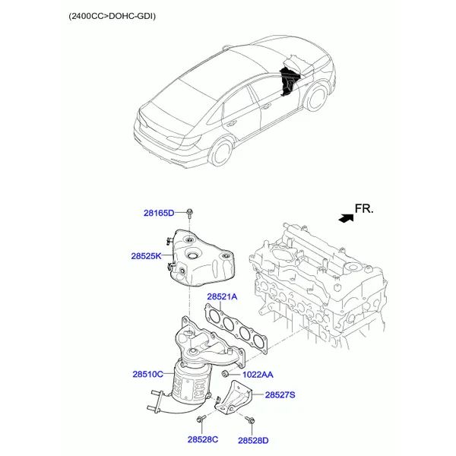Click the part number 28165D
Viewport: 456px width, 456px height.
pos(159,213)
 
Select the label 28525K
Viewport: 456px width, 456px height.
pos(146,256)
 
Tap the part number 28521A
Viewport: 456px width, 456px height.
pos(222,296)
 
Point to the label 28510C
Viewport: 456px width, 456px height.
pos(147,374)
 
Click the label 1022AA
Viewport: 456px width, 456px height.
pos(258,375)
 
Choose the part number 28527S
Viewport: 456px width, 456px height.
pos(280,395)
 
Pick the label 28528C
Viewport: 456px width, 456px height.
pos(203,439)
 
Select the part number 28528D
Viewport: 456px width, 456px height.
pos(253,441)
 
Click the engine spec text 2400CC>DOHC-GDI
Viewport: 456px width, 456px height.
pos(112,16)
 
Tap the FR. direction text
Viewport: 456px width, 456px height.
pos(364,208)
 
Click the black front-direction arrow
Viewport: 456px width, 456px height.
pos(347,218)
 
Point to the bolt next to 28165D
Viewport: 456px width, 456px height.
pos(189,214)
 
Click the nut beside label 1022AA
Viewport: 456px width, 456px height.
pos(224,373)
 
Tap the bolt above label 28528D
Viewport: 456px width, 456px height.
pos(250,420)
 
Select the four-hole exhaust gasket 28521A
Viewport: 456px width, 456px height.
pos(236,328)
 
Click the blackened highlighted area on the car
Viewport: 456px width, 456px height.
pos(289,81)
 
